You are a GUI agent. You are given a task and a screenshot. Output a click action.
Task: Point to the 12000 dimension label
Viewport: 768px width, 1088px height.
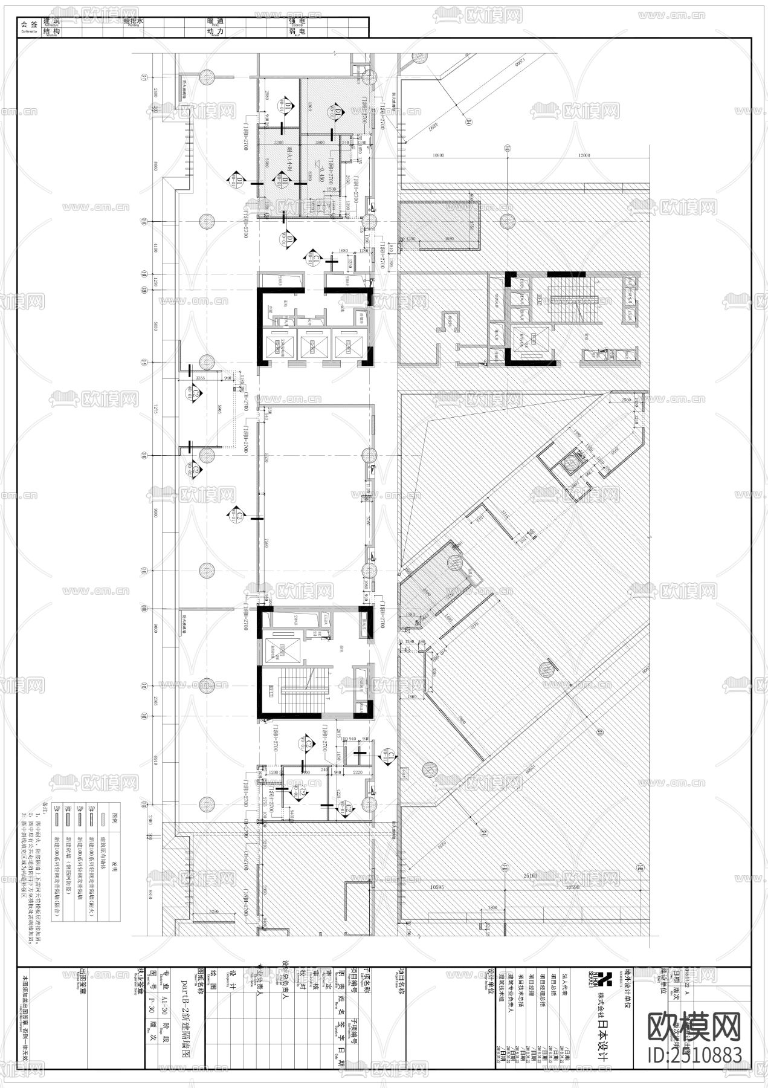point(584,155)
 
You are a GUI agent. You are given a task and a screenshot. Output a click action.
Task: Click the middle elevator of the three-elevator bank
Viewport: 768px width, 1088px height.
point(312,346)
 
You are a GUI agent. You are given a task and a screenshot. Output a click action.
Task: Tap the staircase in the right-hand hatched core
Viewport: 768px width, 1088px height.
point(572,299)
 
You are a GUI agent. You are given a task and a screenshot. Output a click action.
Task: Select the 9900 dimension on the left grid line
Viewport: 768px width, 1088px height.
point(156,514)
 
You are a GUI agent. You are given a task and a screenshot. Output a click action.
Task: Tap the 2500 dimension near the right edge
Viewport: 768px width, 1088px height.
point(625,400)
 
